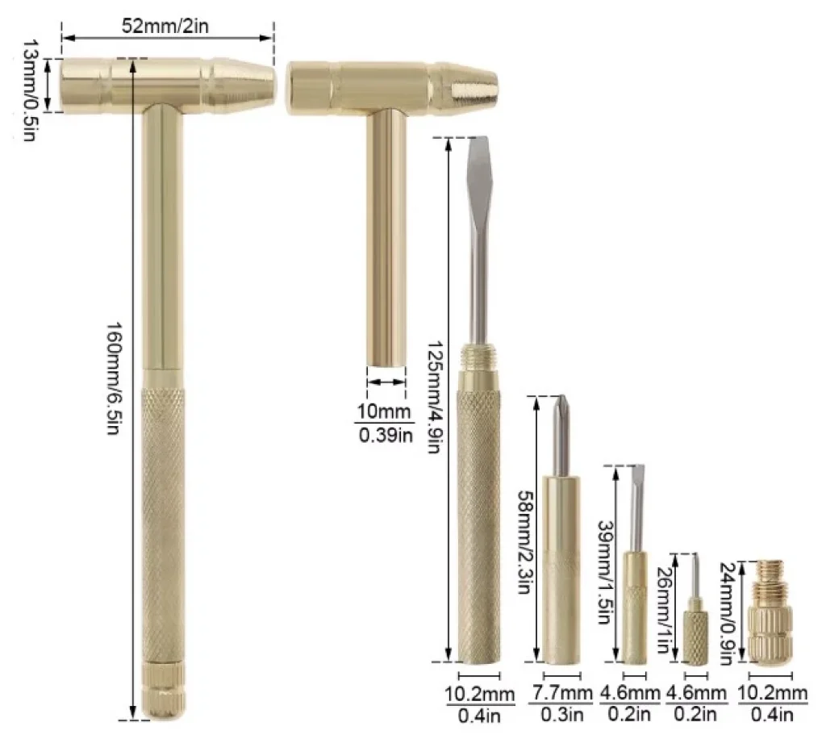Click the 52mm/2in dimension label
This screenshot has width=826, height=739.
point(165,26)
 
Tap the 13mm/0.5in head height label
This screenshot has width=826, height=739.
point(30,90)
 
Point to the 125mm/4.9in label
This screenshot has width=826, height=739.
point(433,397)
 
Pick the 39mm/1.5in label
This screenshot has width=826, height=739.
point(606,572)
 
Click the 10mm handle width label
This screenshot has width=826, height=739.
point(383,411)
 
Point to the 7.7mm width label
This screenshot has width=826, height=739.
point(561,692)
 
